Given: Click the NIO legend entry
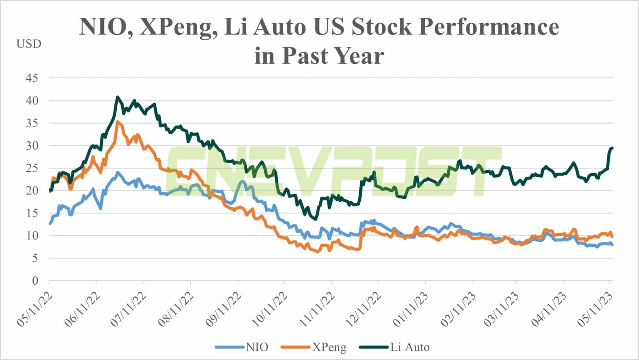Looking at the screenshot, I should pos(242,347).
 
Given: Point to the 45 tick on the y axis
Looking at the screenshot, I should pos(32,78).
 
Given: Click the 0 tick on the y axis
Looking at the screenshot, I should pos(35,281).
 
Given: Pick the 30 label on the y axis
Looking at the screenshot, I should pos(32,146).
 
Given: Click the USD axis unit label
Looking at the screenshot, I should pos(29,44).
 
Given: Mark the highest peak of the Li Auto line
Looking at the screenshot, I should pos(117,97).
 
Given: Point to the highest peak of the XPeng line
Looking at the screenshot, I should pos(117,122).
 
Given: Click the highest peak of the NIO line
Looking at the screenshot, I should pos(118,172).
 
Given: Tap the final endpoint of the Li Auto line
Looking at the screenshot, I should pos(612,148).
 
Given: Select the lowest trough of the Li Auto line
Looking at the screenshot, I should pos(316,219).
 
